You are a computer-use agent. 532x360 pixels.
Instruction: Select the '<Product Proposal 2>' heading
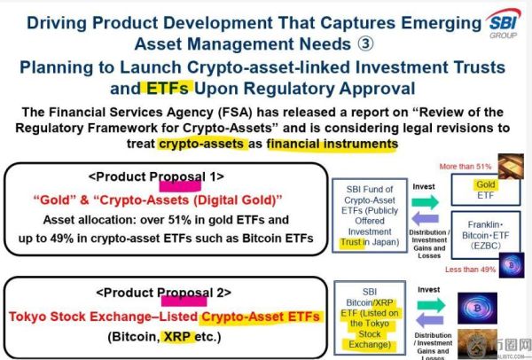(x=168, y=292)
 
